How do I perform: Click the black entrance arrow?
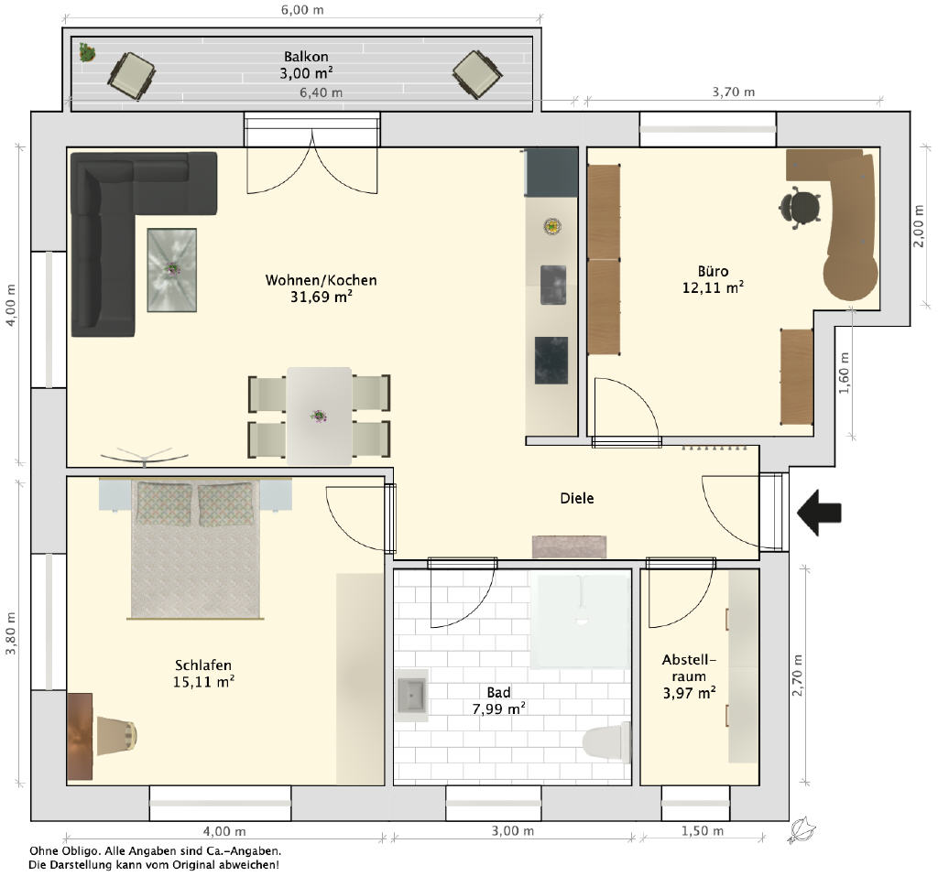(x=820, y=513)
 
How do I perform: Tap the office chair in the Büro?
(x=801, y=208)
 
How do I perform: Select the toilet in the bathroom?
(x=607, y=742)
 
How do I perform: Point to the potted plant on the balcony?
(x=87, y=52)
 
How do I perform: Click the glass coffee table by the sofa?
(x=172, y=270)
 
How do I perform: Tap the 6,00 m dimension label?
(x=302, y=10)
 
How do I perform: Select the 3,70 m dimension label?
(x=734, y=92)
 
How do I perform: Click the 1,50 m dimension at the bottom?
(x=703, y=831)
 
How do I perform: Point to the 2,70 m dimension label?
(x=798, y=676)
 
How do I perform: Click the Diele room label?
(x=577, y=498)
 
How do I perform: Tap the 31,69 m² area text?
(x=322, y=297)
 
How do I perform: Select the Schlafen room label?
(x=203, y=665)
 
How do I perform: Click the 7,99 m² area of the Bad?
(x=499, y=709)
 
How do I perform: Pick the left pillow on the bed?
(x=165, y=503)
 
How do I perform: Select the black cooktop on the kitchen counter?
(x=551, y=361)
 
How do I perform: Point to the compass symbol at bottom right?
(x=802, y=831)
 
